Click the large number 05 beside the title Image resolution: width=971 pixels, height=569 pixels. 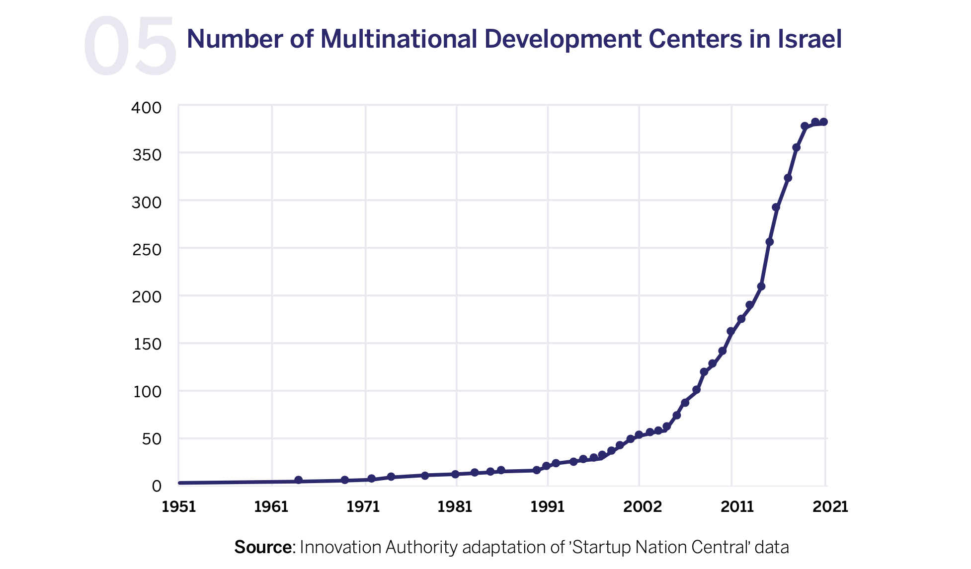click(130, 47)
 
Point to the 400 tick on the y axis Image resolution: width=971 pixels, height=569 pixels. click(147, 108)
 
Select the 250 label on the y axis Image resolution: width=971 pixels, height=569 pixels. click(147, 249)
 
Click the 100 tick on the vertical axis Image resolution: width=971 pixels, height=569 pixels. click(148, 391)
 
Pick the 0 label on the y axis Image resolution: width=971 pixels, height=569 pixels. click(157, 486)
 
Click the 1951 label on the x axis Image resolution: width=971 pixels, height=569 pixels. click(178, 506)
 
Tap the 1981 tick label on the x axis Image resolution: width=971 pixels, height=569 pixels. click(455, 506)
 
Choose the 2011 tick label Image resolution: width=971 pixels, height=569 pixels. click(737, 506)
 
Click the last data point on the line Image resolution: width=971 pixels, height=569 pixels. click(823, 122)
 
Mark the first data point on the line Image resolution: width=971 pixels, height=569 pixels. click(298, 480)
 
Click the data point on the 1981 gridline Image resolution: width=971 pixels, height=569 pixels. click(455, 474)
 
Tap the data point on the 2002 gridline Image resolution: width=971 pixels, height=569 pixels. click(639, 435)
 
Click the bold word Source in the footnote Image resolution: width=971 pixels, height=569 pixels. click(263, 547)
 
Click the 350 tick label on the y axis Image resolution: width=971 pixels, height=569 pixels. click(147, 155)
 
